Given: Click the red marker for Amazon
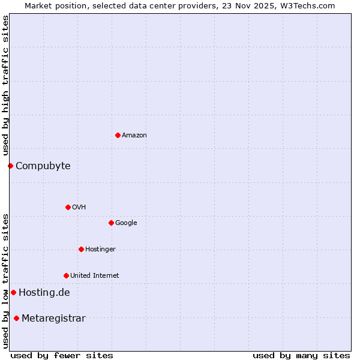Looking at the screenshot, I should [x=118, y=135].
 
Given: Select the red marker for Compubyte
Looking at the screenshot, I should [x=10, y=166].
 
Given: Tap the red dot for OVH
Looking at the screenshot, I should [x=68, y=207].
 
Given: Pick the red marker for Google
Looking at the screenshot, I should [x=111, y=223].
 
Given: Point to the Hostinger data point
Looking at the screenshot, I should [x=81, y=249].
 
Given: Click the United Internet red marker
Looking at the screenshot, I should [x=66, y=275].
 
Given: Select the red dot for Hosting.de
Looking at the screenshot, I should [x=13, y=292].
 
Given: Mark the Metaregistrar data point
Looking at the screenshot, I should [x=16, y=318].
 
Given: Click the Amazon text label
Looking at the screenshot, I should [x=134, y=136].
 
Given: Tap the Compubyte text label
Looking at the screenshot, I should [x=43, y=166].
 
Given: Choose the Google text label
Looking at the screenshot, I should [x=126, y=223].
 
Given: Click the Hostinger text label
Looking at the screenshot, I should [x=100, y=250].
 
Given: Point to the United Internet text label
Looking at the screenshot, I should [x=94, y=276].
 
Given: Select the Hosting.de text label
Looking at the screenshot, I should [x=44, y=293].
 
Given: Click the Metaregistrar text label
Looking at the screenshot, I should [x=53, y=319].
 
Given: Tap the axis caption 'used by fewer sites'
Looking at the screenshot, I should [x=62, y=355].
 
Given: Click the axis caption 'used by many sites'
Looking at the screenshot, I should [x=301, y=355].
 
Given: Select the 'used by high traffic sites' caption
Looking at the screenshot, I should [x=5, y=85].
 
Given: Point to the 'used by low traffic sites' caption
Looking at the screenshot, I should [x=5, y=281].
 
